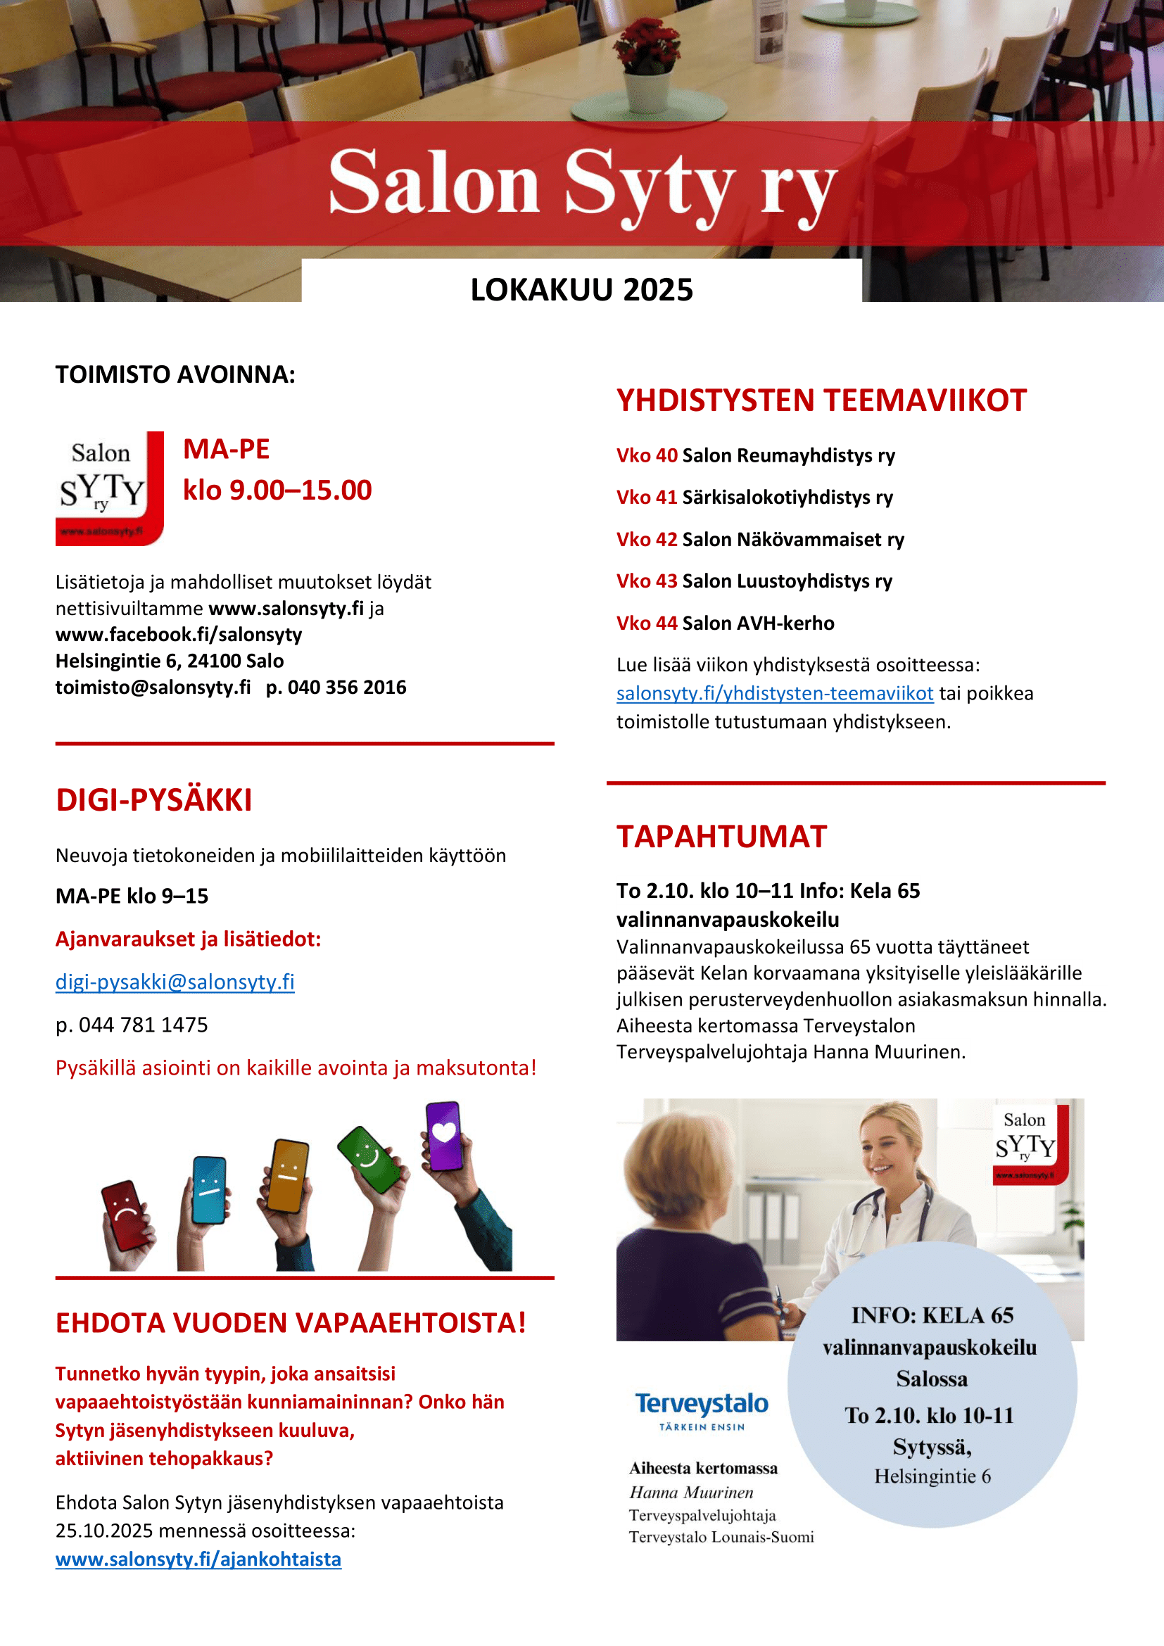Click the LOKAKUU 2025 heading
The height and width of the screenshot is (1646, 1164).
[581, 290]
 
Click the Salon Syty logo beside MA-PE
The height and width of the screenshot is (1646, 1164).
[110, 488]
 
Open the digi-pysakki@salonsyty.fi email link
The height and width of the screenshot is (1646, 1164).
[175, 982]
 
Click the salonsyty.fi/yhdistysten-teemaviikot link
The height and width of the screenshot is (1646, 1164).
[774, 693]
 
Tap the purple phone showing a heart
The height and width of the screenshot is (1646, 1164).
[443, 1136]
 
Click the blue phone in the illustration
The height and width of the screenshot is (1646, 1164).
[209, 1189]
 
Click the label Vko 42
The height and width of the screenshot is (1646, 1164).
[647, 539]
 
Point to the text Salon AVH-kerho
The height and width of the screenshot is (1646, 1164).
[758, 623]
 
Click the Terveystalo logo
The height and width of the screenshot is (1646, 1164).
[701, 1410]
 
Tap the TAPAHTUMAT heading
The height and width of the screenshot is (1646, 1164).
[721, 837]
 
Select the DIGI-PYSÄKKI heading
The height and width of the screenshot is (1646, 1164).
[154, 800]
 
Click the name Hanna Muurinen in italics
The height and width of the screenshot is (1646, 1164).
[691, 1493]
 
